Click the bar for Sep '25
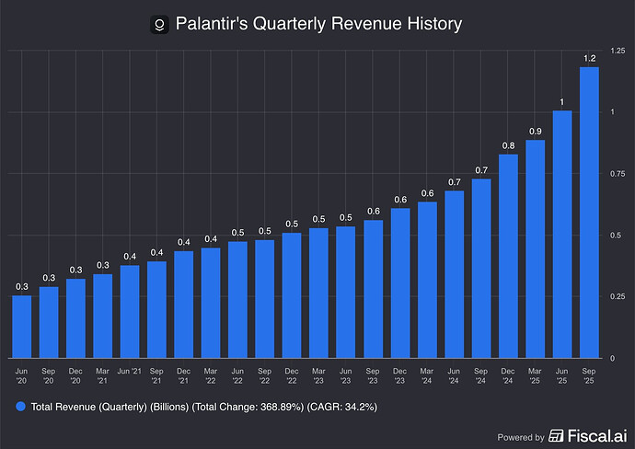click(589, 213)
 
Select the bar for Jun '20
click(22, 327)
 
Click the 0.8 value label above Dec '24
click(508, 144)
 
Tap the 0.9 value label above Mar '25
click(536, 130)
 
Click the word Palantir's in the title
click(214, 23)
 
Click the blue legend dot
click(20, 406)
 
